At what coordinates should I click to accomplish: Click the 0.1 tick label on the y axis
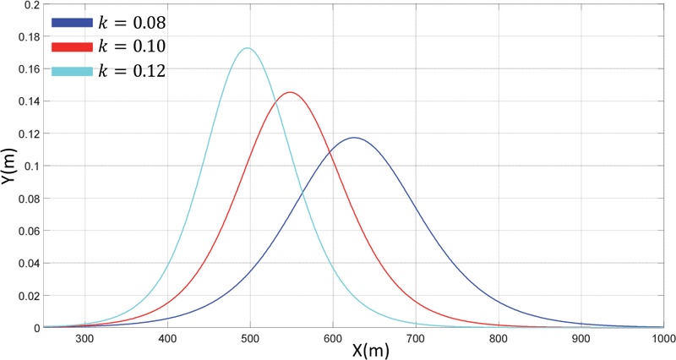point(32,166)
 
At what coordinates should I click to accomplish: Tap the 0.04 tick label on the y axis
point(28,263)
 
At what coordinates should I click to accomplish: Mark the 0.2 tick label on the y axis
point(32,5)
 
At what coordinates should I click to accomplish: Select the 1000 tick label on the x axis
point(662,337)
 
